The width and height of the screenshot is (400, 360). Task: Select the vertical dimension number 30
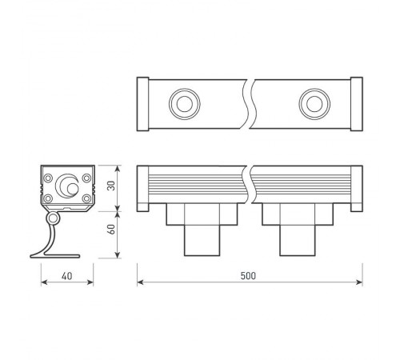(x=112, y=186)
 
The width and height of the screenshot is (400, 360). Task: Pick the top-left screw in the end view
(x=50, y=178)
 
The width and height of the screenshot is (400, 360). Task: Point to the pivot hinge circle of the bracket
(x=54, y=218)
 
